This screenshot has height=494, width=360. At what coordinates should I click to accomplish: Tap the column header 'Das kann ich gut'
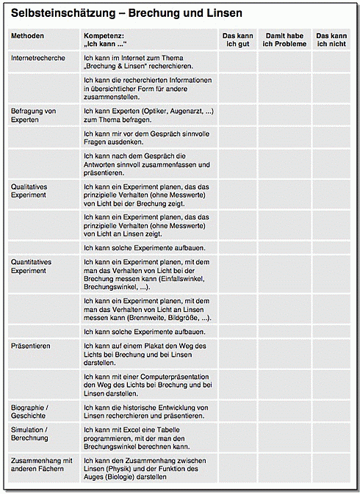(237, 40)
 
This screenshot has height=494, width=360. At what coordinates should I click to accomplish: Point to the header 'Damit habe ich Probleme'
(285, 40)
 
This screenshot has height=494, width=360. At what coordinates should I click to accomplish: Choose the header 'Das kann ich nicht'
(331, 40)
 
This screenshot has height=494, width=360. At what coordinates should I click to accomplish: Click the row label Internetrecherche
(39, 57)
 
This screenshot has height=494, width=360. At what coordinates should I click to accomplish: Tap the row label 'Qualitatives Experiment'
(29, 191)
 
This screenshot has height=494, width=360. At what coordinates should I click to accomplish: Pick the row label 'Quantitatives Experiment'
(32, 266)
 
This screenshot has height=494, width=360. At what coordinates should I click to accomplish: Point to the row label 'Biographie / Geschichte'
(30, 411)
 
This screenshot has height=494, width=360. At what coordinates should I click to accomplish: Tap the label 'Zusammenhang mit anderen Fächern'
(42, 465)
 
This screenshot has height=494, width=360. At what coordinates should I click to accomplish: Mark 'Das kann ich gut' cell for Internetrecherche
(237, 61)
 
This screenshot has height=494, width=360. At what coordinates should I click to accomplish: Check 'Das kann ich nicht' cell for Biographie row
(331, 411)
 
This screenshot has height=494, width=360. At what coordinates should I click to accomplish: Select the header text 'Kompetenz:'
(103, 35)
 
